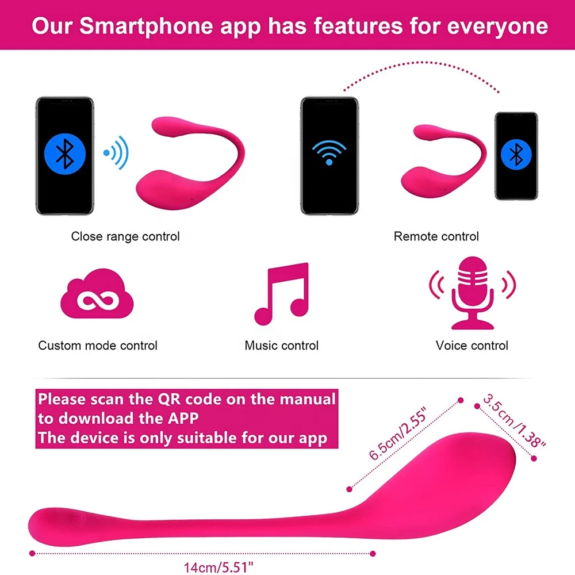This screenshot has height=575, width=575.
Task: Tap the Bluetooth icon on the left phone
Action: (64, 155)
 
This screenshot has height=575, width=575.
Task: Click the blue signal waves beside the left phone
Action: (116, 153)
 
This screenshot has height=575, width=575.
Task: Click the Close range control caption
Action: (125, 236)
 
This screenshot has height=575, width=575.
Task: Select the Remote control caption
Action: (436, 236)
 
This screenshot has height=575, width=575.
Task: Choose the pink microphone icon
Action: (472, 293)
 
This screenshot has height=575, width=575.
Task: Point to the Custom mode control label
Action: (98, 346)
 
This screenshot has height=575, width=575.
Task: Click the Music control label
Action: (281, 346)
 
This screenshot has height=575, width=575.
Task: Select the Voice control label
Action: (472, 346)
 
